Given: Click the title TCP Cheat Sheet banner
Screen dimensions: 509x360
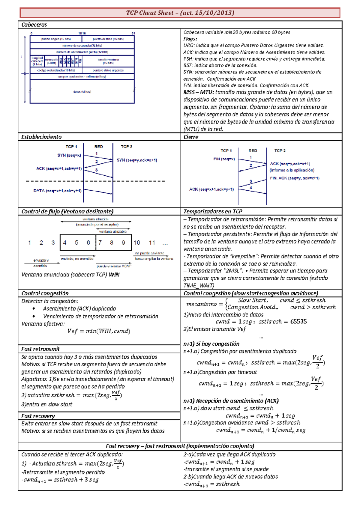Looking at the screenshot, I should (x=180, y=13).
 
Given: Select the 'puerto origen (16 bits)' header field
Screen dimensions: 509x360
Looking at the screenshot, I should (x=56, y=39).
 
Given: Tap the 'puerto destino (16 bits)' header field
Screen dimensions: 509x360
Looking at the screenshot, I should (x=108, y=39).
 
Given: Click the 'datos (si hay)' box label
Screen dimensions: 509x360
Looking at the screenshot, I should (x=82, y=92).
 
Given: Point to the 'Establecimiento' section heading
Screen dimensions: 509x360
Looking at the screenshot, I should (x=41, y=137).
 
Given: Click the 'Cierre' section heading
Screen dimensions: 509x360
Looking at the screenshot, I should (x=191, y=137).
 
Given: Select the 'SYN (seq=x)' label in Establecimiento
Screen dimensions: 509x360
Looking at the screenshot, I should (x=69, y=155).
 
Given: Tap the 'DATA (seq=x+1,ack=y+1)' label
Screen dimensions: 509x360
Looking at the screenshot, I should (x=57, y=191).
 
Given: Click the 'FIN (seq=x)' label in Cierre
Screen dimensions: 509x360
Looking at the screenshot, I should (x=224, y=159).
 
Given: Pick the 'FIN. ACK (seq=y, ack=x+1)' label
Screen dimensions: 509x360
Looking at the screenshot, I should (x=295, y=178).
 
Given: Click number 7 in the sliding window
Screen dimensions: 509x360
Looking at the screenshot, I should (x=100, y=243).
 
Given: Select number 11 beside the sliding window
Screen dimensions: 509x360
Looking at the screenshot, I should (x=152, y=243).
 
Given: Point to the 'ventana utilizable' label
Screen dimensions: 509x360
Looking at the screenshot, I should (x=113, y=232).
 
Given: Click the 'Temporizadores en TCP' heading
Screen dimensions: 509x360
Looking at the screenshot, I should (x=213, y=211).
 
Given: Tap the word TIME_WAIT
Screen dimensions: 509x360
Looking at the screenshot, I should (x=199, y=286).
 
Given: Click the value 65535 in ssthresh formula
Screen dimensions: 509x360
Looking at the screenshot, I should (x=298, y=322).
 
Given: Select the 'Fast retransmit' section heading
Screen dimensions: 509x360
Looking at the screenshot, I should (x=40, y=349).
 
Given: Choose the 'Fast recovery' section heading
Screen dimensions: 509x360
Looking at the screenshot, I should (x=38, y=416).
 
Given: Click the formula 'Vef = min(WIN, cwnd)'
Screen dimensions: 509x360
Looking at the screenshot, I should (x=99, y=331).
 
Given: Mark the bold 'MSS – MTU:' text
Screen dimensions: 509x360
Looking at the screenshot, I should (x=198, y=92).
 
